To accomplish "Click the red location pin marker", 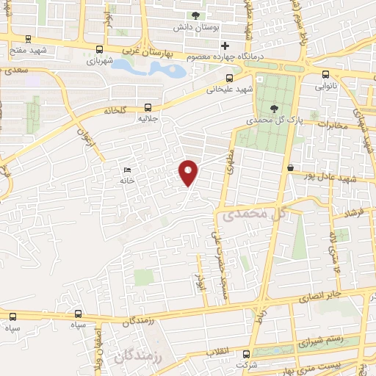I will pyautogui.click(x=189, y=173).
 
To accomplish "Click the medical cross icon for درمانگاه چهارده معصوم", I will pyautogui.click(x=215, y=46).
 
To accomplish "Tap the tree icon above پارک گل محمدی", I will pyautogui.click(x=275, y=109).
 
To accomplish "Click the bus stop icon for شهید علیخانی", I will pyautogui.click(x=230, y=77).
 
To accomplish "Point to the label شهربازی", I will pyautogui.click(x=101, y=60).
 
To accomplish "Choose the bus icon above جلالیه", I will pyautogui.click(x=148, y=106).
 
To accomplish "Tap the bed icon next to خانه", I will pyautogui.click(x=128, y=169).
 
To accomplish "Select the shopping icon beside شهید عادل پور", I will pyautogui.click(x=291, y=168).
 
